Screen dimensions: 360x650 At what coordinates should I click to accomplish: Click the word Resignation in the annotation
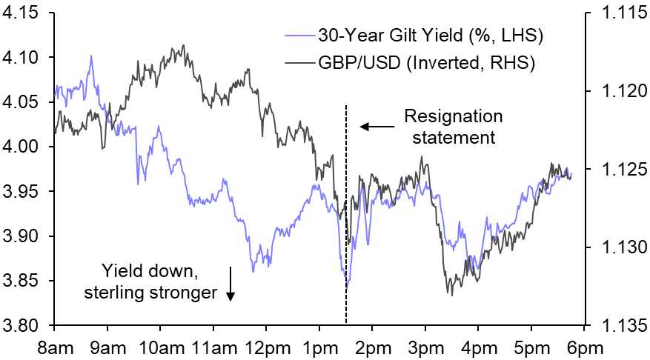point(453,117)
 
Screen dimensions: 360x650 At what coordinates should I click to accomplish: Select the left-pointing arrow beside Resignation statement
point(377,127)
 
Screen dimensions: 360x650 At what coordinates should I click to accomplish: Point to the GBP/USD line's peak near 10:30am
point(182,45)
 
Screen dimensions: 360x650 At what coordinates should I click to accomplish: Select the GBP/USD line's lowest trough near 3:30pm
point(450,294)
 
